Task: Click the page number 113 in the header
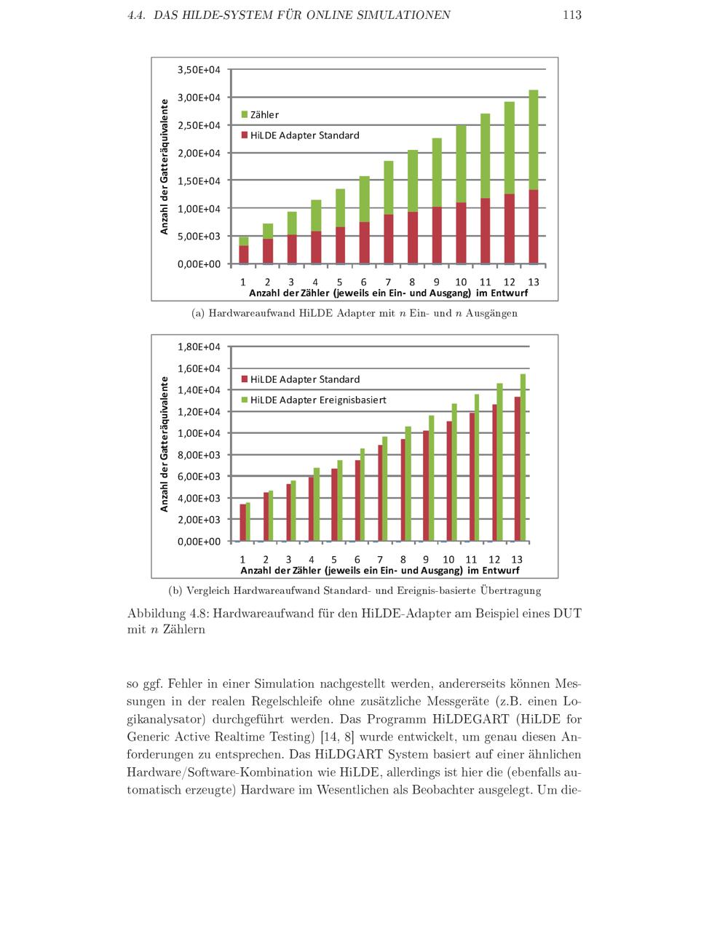[571, 15]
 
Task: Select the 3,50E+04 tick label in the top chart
[199, 70]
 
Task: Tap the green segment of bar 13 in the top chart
[534, 140]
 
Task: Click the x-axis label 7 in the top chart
[388, 282]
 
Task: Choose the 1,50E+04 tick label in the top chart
[199, 181]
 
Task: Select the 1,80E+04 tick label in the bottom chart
[199, 347]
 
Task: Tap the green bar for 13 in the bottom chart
[523, 457]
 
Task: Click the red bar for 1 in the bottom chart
[242, 522]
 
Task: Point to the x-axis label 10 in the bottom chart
[448, 559]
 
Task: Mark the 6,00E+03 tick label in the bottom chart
[199, 476]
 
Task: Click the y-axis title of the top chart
[165, 167]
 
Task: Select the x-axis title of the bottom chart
[380, 570]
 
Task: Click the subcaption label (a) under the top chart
[197, 314]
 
